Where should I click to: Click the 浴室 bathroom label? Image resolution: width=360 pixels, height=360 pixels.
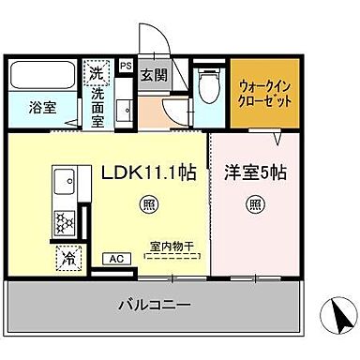pyautogui.click(x=40, y=106)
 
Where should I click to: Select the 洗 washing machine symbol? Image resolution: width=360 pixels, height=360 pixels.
pyautogui.click(x=97, y=71)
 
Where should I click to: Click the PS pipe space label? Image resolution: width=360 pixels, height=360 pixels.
pyautogui.click(x=126, y=66)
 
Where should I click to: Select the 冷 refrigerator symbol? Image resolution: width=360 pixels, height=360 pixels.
pyautogui.click(x=69, y=255)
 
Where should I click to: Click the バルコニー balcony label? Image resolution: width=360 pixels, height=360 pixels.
pyautogui.click(x=155, y=305)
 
